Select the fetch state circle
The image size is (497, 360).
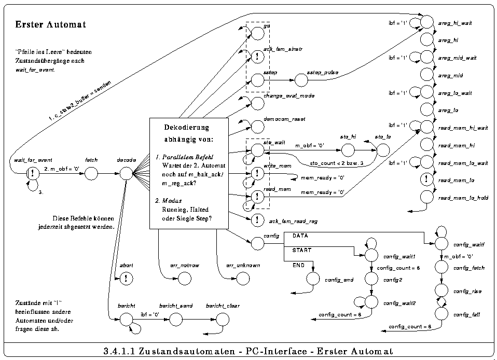coord(91,174)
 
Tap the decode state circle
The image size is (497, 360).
coord(127,174)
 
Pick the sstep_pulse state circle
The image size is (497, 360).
coord(301,80)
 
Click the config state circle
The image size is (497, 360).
coord(257,242)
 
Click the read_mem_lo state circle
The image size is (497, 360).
coord(426,179)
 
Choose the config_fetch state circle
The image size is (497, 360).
coord(441,268)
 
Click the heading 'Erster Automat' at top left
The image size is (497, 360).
coord(50,24)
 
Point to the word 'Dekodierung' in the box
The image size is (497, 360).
coord(187,127)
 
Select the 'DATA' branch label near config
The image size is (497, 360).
coord(300,236)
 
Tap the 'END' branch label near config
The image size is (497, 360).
coord(298,265)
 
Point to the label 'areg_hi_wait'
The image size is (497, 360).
coord(454,23)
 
